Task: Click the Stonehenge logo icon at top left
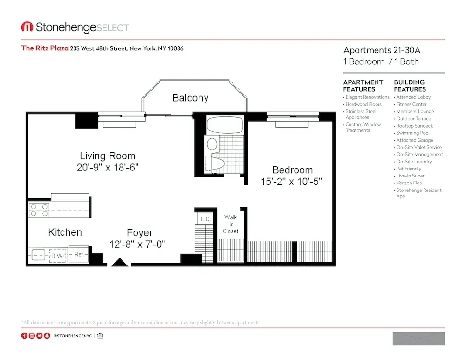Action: pyautogui.click(x=27, y=27)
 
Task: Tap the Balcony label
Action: pyautogui.click(x=190, y=98)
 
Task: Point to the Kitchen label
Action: pyautogui.click(x=65, y=232)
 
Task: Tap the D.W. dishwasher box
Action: pyautogui.click(x=57, y=256)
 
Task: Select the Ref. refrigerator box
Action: pyautogui.click(x=79, y=255)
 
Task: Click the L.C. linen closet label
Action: pyautogui.click(x=205, y=219)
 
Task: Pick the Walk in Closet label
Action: pyautogui.click(x=230, y=224)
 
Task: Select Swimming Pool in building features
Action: pyautogui.click(x=413, y=133)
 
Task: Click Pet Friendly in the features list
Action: pyautogui.click(x=409, y=169)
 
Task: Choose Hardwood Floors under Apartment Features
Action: pyautogui.click(x=363, y=104)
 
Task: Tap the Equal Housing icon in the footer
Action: pyautogui.click(x=100, y=336)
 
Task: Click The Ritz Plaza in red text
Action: pyautogui.click(x=45, y=48)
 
